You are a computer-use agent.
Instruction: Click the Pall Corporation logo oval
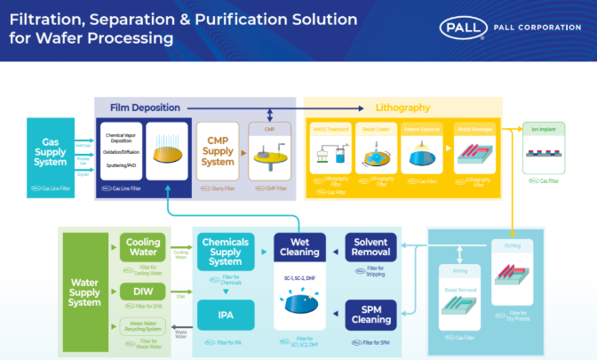coord(462,28)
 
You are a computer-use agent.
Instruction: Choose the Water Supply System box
coord(84,291)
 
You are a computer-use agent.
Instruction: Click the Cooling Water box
coord(142,246)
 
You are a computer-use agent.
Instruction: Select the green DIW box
coord(142,292)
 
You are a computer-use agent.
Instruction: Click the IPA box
coord(225,312)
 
